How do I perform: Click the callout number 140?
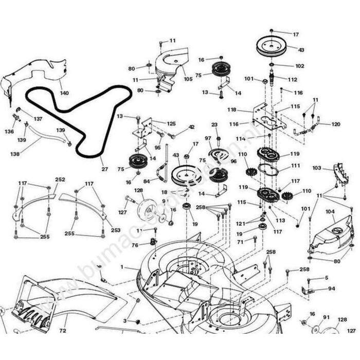(x=64, y=93)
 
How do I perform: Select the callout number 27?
(x=104, y=169)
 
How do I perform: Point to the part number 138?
(x=15, y=153)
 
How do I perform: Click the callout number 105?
(x=188, y=79)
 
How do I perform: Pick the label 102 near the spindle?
(x=300, y=66)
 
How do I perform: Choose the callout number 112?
(x=293, y=80)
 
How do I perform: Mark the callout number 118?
(x=231, y=110)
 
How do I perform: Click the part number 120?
(x=335, y=124)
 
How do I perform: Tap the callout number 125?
(x=171, y=123)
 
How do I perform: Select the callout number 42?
(x=191, y=127)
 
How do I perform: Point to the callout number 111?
(x=296, y=166)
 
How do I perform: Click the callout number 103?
(x=317, y=168)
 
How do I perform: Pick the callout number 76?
(x=135, y=245)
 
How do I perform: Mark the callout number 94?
(x=331, y=289)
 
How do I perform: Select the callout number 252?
(x=60, y=179)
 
